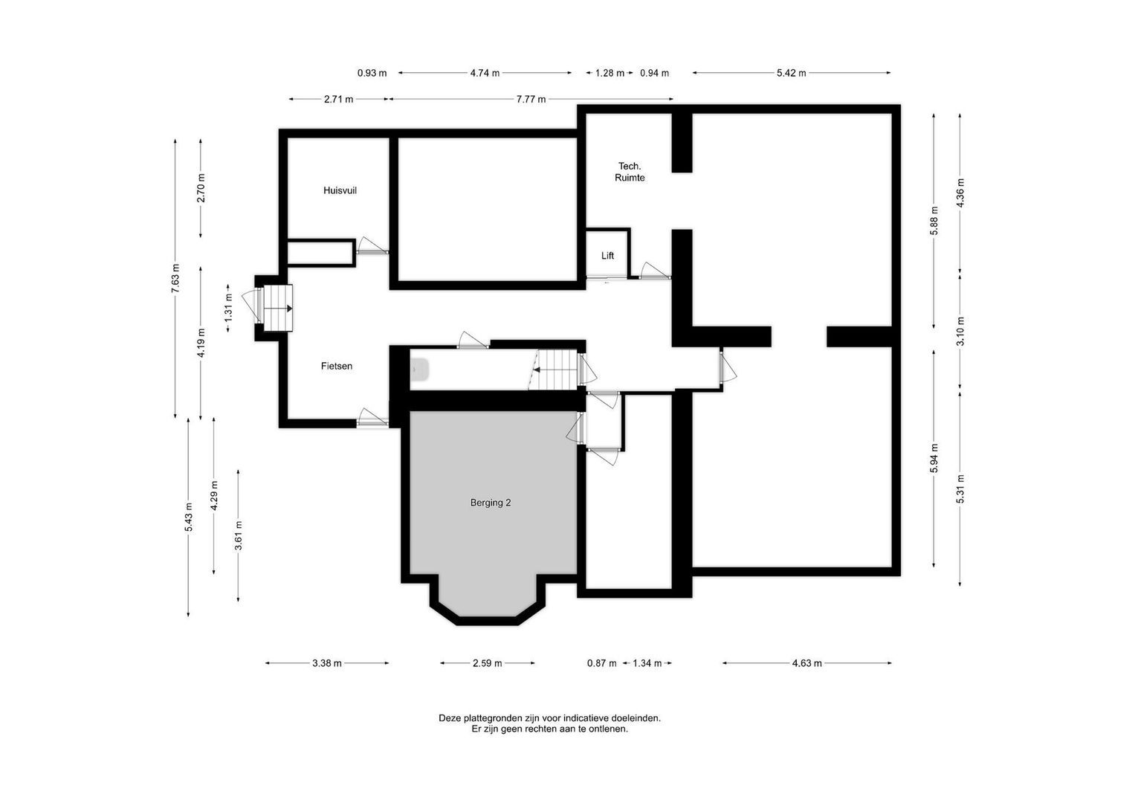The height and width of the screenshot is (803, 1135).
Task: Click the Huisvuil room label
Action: coord(340,190)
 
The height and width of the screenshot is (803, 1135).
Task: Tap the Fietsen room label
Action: coord(337,366)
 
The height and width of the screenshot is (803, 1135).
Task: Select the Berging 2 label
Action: coord(491,503)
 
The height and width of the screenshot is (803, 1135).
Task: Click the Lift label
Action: coord(608,256)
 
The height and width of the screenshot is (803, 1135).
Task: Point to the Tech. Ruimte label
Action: coord(630,172)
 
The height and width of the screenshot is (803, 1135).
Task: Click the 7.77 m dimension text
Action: coord(531,99)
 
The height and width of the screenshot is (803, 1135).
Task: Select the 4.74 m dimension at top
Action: coord(485,73)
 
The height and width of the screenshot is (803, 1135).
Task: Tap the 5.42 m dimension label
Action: coord(792,73)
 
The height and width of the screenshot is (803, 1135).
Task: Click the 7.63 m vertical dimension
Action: coord(175,279)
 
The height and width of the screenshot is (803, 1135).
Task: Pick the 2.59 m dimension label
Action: coord(487,663)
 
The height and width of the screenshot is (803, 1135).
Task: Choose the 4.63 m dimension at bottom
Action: coord(807,663)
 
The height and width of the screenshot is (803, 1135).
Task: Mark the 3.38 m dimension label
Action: coord(327,663)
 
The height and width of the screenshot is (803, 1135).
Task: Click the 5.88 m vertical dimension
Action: coord(934,221)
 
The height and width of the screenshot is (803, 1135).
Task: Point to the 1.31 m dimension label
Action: coord(229,306)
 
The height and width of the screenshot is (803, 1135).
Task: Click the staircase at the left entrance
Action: coord(278,308)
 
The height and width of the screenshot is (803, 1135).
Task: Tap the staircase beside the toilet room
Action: coord(557,368)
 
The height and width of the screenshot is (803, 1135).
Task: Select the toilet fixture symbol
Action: coord(419,370)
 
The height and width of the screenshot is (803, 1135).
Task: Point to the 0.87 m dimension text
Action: coord(601,663)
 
